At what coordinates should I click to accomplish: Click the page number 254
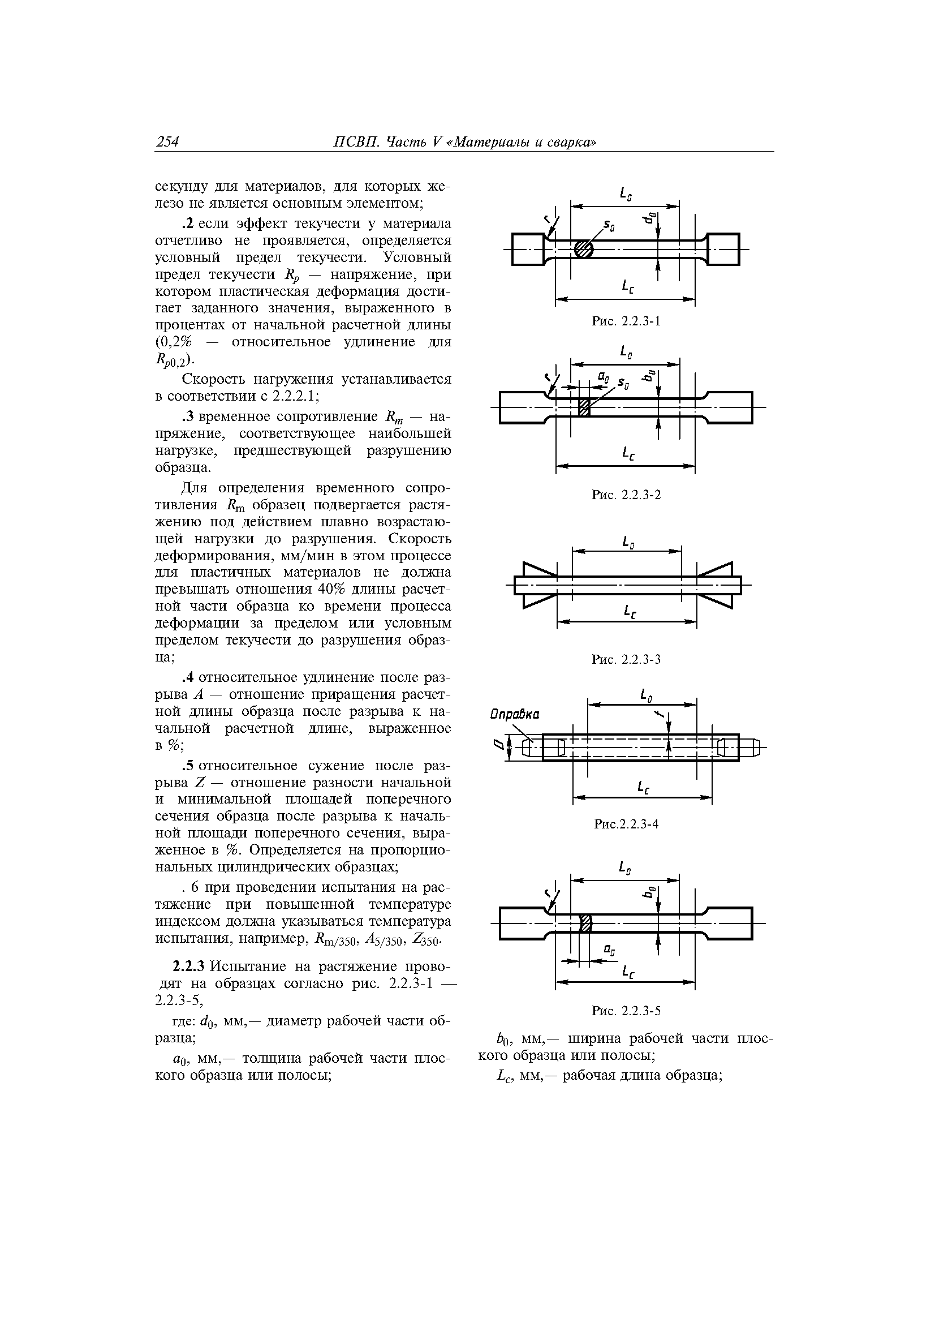pos(167,141)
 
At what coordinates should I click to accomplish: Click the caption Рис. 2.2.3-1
pos(626,321)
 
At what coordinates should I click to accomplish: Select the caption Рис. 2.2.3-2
pos(626,495)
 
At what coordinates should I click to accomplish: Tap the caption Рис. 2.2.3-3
pos(626,659)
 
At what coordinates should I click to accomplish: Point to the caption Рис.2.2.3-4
pos(626,824)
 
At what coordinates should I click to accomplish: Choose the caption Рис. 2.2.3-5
pos(626,1011)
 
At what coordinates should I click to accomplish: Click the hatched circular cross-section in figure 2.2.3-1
pos(584,249)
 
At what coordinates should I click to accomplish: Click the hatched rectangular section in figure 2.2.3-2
pos(584,407)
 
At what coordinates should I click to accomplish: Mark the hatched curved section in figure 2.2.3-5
pos(585,923)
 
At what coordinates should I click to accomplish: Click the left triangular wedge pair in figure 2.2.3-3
pos(540,585)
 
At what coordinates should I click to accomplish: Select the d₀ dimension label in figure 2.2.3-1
pos(650,218)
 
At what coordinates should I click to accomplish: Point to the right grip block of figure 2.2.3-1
pos(723,249)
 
